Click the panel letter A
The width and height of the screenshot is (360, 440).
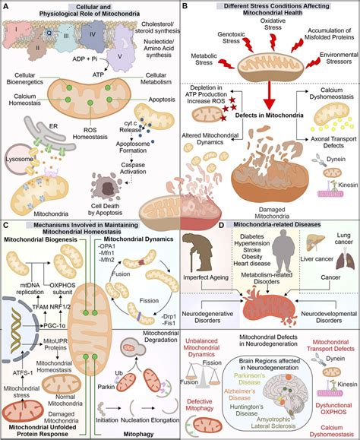6,7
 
